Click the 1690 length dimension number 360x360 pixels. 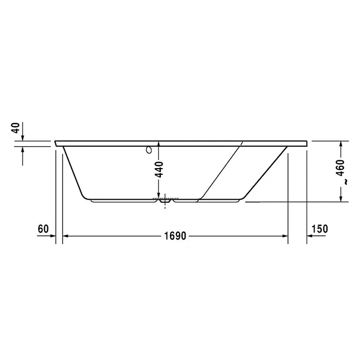[175, 236]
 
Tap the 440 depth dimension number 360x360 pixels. [159, 170]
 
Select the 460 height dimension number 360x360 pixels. [340, 168]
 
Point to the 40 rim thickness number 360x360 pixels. [16, 128]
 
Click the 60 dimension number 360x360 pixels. [43, 229]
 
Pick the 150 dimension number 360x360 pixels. [320, 229]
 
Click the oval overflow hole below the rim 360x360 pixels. [149, 149]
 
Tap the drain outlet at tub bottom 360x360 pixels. [165, 201]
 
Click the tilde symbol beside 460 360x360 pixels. [346, 182]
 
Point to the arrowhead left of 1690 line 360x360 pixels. [66, 236]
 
